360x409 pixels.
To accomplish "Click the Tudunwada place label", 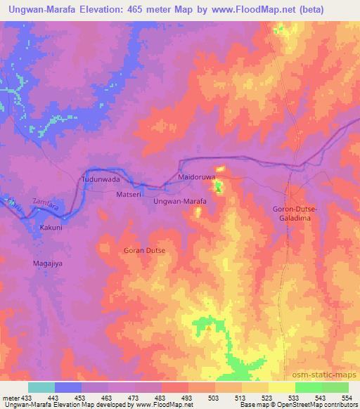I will click(x=98, y=179).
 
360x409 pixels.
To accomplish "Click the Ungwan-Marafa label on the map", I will click(x=179, y=202).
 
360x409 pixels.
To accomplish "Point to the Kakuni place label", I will click(x=51, y=228).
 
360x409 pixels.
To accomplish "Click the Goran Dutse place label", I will click(x=143, y=250).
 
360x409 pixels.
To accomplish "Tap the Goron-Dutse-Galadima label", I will click(x=295, y=214).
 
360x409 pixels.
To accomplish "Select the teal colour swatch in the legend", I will click(x=41, y=387).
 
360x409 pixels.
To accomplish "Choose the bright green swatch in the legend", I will click(x=309, y=387).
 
